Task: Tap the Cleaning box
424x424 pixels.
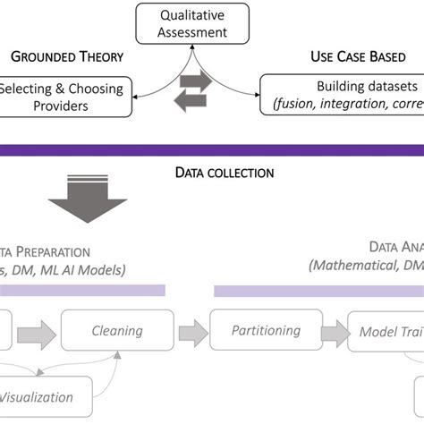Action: tap(116, 332)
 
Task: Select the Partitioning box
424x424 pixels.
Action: tap(266, 330)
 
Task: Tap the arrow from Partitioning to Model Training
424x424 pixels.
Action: tap(335, 331)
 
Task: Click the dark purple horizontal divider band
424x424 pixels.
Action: tap(212, 143)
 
